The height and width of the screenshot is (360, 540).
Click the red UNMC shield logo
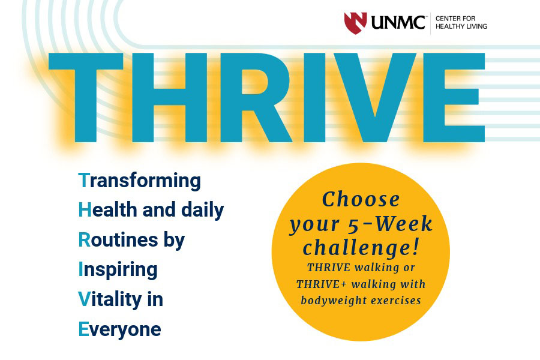[x=355, y=23]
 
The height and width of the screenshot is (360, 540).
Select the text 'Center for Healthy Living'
[x=461, y=23]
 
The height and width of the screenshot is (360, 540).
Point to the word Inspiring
[x=118, y=270]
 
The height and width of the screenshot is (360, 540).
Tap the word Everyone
[x=119, y=329]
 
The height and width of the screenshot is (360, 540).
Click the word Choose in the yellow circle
[x=361, y=199]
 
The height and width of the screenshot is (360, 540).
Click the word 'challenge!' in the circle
[x=360, y=247]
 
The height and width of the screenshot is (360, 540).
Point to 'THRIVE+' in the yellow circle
[x=322, y=284]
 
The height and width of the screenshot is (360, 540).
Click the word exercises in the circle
[x=396, y=300]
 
